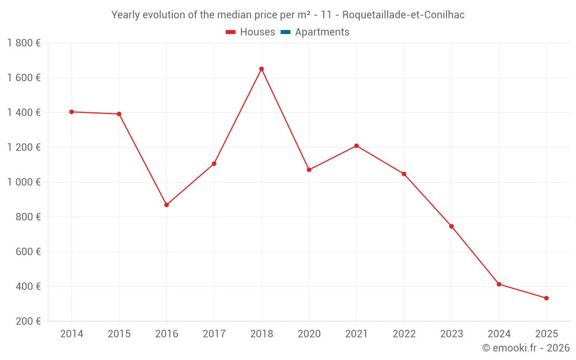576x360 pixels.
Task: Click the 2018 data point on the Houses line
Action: tap(262, 69)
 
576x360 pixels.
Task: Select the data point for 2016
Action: tap(166, 205)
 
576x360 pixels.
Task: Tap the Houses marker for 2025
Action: tap(546, 298)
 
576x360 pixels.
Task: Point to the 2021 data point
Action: tap(357, 146)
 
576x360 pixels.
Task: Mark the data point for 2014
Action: tap(71, 112)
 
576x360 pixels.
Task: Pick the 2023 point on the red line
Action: tap(452, 226)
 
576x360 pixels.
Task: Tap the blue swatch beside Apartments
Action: tap(285, 32)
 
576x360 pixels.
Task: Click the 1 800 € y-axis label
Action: tap(24, 43)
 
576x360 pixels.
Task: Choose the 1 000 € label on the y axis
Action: tap(24, 182)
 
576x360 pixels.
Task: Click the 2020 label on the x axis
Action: tap(309, 334)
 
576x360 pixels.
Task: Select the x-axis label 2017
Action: tap(214, 334)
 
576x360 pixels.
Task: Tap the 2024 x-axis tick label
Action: tap(499, 334)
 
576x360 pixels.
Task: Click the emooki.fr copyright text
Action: tap(525, 348)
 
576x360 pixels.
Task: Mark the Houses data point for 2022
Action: tap(404, 174)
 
